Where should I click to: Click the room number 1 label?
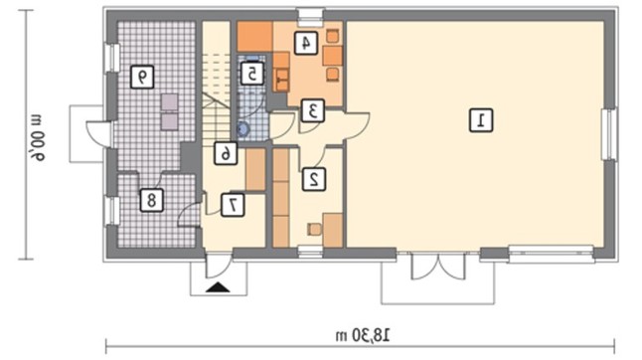point(481,120)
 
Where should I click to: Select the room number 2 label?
point(314,179)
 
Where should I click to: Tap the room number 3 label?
point(313,110)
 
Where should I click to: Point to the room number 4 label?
point(305,43)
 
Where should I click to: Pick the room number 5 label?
point(251,74)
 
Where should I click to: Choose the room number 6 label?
point(226,153)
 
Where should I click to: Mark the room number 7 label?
point(233,205)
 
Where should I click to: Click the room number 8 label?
point(151,200)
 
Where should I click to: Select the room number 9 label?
point(142,77)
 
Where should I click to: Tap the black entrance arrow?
point(218,287)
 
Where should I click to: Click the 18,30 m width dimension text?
point(363,335)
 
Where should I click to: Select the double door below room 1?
point(438,267)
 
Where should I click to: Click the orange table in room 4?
point(333,56)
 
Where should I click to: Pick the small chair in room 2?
point(314,229)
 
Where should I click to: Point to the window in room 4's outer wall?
point(310,14)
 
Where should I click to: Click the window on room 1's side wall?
point(609,134)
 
